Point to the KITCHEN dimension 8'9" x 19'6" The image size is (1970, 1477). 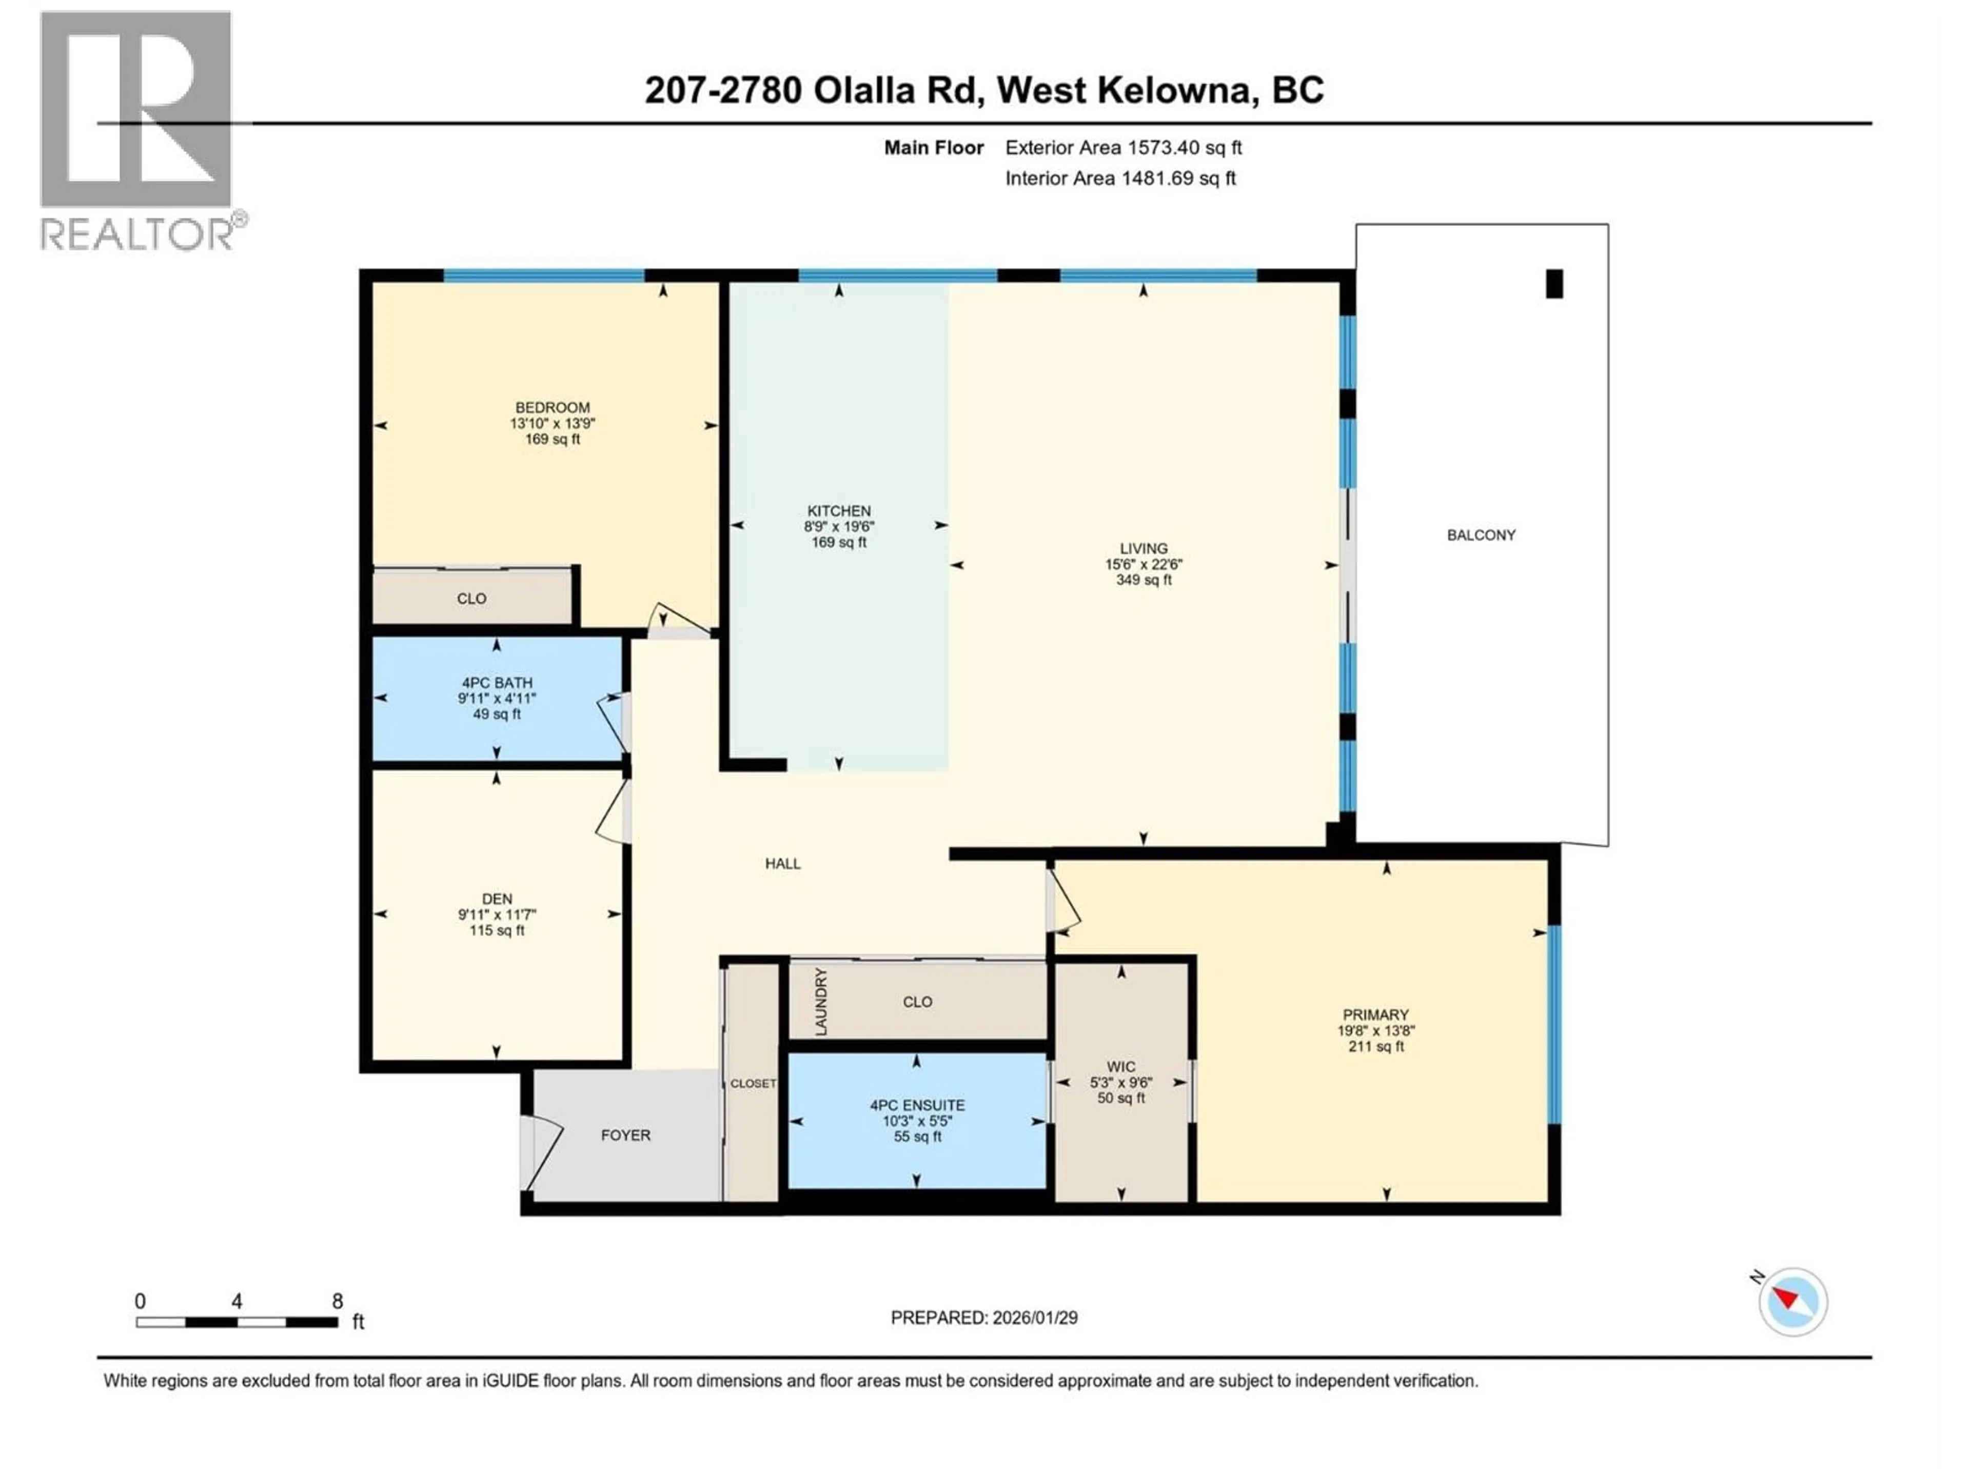click(x=838, y=526)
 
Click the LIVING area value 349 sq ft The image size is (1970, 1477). click(x=1144, y=580)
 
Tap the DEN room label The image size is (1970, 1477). click(x=497, y=899)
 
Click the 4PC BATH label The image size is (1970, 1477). click(x=497, y=683)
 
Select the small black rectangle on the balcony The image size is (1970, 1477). click(x=1554, y=284)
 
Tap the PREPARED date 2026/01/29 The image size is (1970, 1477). click(x=983, y=1318)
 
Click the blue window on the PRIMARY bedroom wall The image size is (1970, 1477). click(x=1554, y=1024)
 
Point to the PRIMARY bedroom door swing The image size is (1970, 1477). click(x=1065, y=901)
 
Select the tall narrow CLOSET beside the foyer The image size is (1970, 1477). click(x=753, y=1084)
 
